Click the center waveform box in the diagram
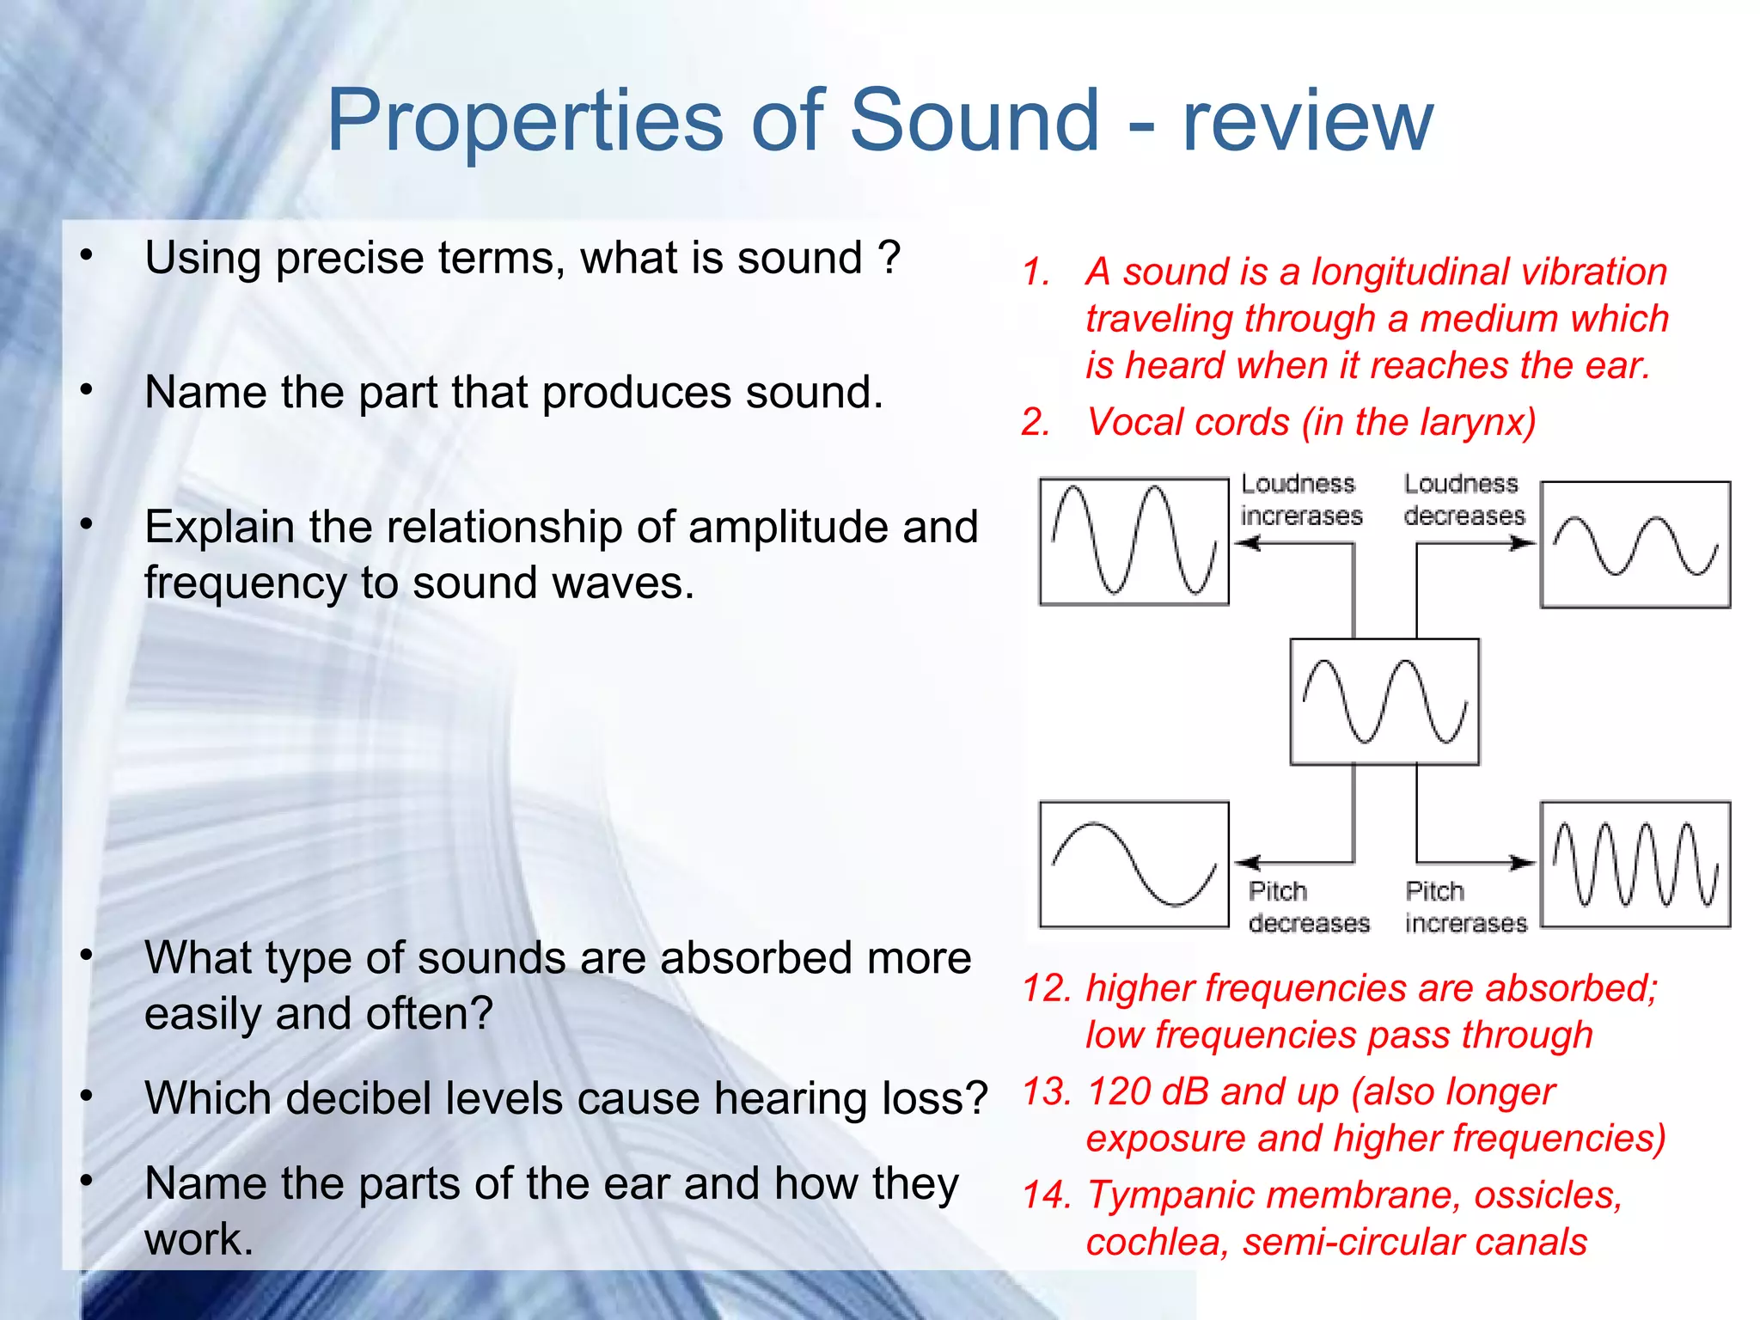[1384, 701]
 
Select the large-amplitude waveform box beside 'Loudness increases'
[1134, 542]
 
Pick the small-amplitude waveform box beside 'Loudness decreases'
[1635, 545]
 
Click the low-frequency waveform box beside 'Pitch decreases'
[1134, 865]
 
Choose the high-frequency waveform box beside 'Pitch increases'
[1635, 865]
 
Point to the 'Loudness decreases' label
[1463, 499]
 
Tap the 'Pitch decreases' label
[1307, 907]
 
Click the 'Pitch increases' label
[1465, 907]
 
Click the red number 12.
[1046, 988]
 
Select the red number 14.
[1046, 1195]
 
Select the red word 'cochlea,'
[1158, 1243]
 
